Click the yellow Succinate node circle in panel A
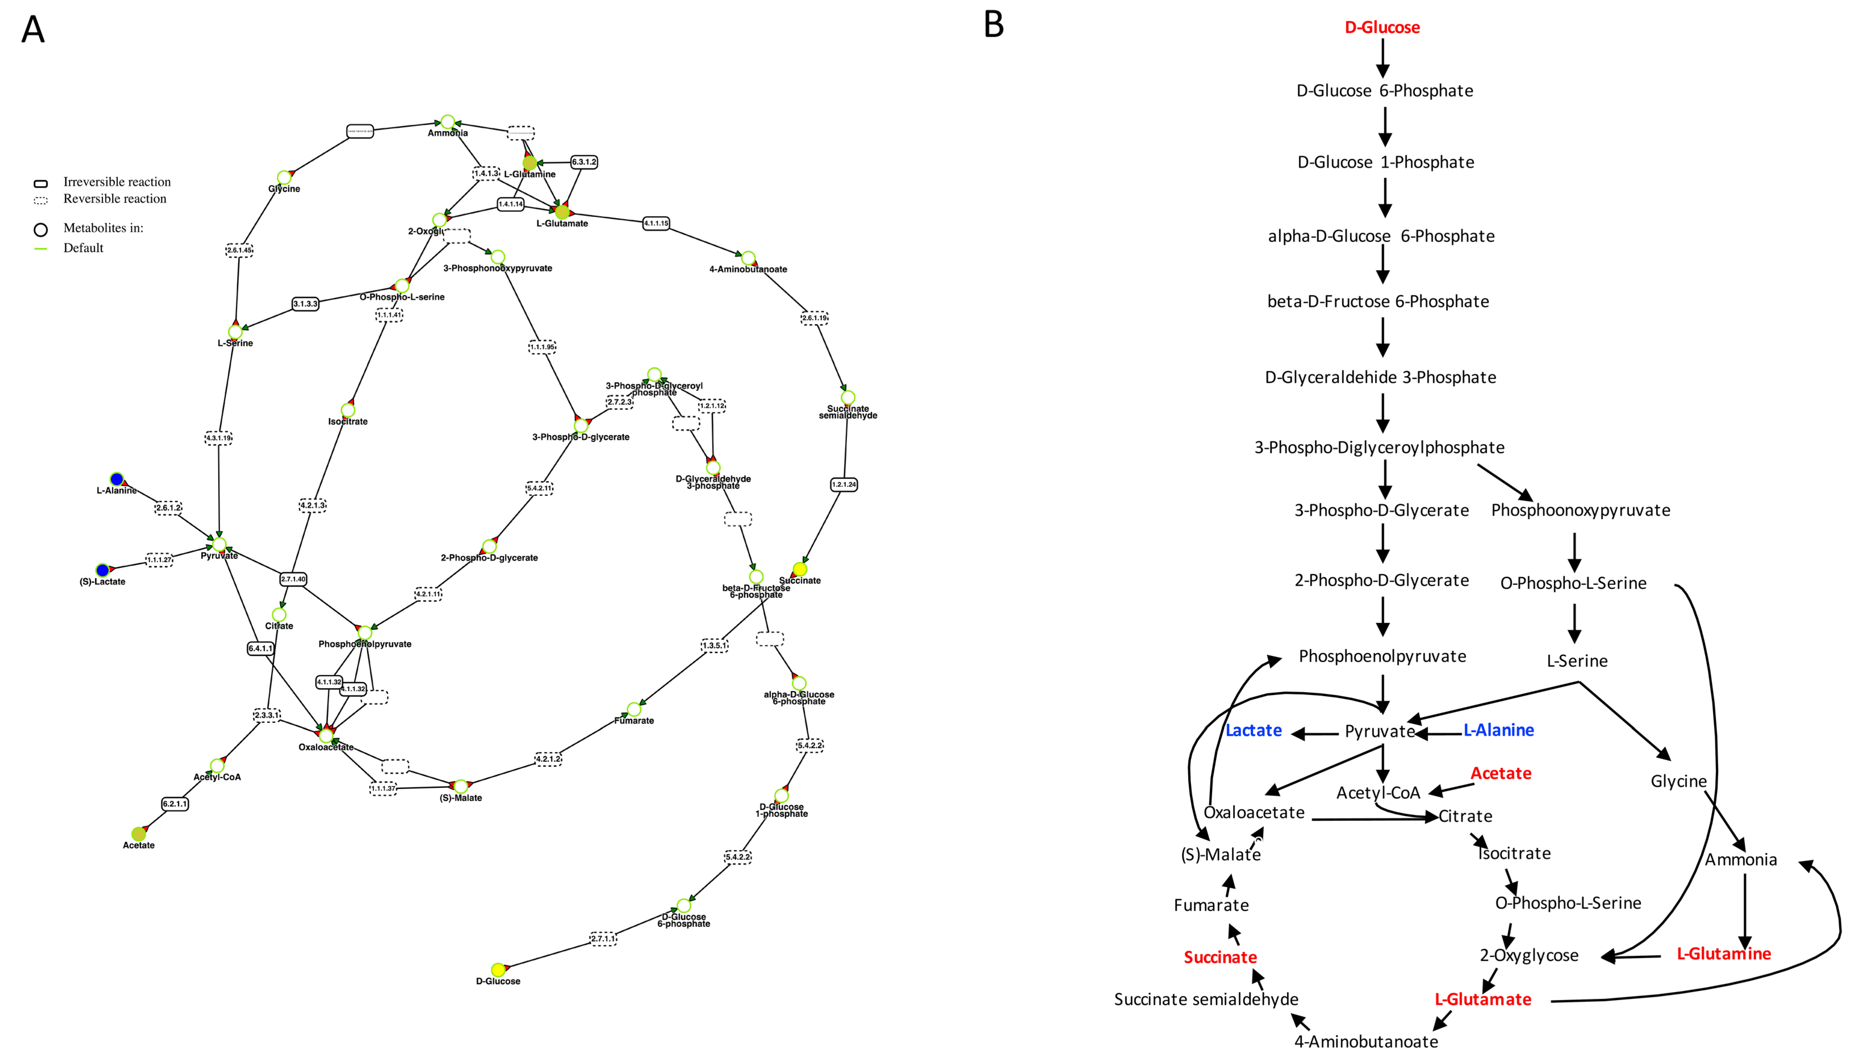point(800,569)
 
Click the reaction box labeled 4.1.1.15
point(656,223)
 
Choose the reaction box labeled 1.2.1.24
point(844,484)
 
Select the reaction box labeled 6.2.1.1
point(175,804)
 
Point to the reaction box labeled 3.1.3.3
point(305,304)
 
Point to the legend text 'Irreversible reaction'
point(117,182)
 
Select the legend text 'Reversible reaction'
point(114,199)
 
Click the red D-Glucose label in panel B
point(1382,28)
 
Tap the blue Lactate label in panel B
point(1253,730)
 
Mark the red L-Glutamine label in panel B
point(1723,953)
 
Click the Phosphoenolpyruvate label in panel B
point(1382,656)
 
